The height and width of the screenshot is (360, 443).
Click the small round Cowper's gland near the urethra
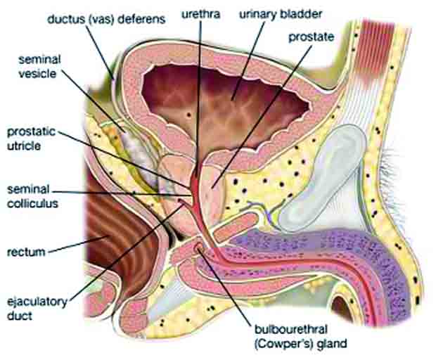[x=199, y=247]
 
